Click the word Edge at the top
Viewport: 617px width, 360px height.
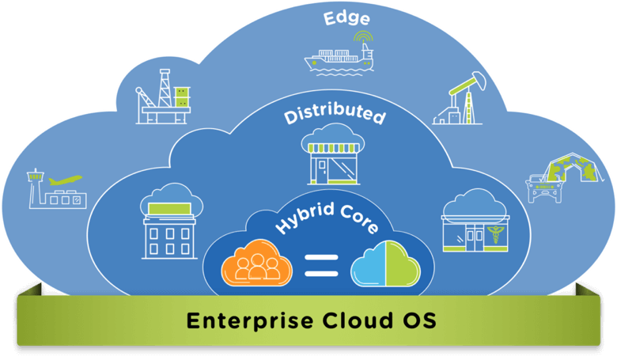[346, 17]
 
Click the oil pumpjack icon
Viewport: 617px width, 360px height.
[459, 100]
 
